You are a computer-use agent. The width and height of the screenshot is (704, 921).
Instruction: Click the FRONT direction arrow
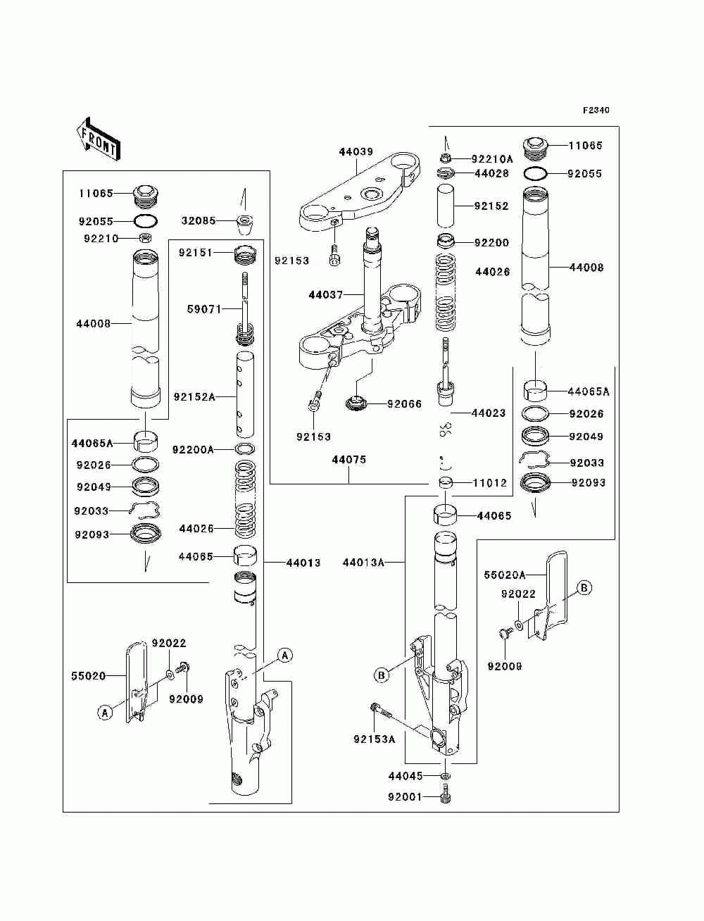[x=98, y=139]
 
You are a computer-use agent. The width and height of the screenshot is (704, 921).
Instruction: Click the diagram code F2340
[x=596, y=111]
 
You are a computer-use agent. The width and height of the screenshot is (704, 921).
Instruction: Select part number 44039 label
[x=356, y=151]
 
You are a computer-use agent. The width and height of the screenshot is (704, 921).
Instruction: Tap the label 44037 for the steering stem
[x=325, y=295]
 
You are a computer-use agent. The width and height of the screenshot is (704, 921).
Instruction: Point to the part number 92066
[x=404, y=404]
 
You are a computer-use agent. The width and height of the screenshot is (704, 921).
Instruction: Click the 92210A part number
[x=492, y=159]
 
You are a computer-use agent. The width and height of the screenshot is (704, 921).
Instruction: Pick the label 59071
[x=204, y=309]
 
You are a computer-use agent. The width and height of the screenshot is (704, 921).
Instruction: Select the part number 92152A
[x=194, y=396]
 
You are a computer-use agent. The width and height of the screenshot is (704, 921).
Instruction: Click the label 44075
[x=349, y=460]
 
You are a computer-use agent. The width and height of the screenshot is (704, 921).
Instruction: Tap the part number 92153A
[x=375, y=739]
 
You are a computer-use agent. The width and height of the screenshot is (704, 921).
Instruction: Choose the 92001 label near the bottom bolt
[x=405, y=797]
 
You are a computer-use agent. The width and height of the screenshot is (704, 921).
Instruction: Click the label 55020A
[x=505, y=575]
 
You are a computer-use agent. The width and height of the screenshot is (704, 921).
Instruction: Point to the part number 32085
[x=199, y=220]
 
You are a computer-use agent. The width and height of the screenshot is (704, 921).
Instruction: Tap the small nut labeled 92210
[x=145, y=238]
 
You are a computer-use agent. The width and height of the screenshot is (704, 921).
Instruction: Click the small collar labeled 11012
[x=446, y=483]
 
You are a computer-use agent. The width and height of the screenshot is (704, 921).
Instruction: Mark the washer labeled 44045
[x=446, y=776]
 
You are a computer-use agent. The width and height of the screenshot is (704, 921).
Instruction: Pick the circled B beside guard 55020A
[x=584, y=588]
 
